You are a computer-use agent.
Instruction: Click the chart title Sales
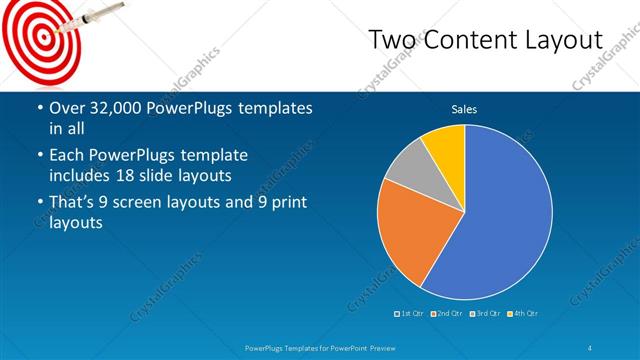464,109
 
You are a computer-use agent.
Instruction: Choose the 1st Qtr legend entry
411,314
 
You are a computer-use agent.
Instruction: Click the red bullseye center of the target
39,35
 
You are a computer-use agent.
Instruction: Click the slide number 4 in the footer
591,348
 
